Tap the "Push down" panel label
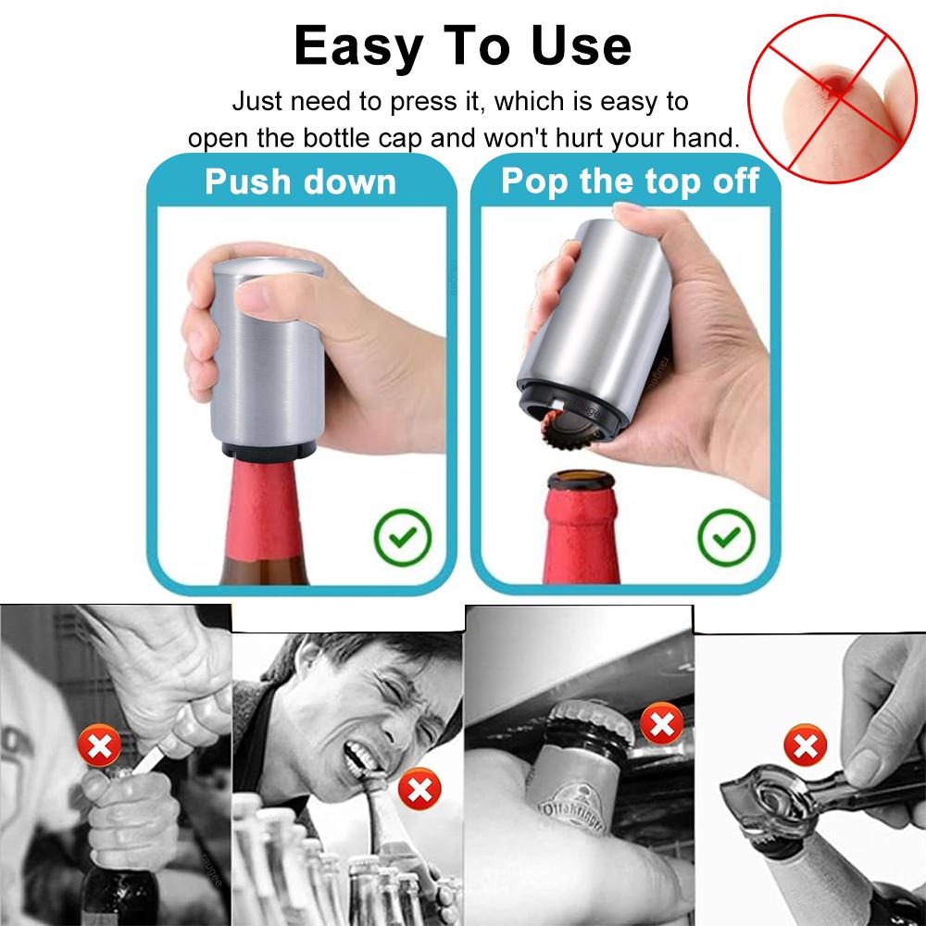300,181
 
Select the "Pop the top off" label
630,181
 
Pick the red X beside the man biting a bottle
419,790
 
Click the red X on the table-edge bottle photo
661,724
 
